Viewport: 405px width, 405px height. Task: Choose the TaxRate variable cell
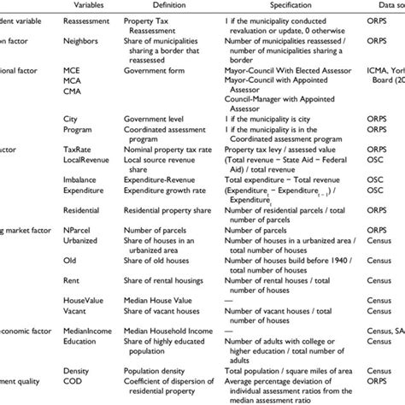point(79,149)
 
